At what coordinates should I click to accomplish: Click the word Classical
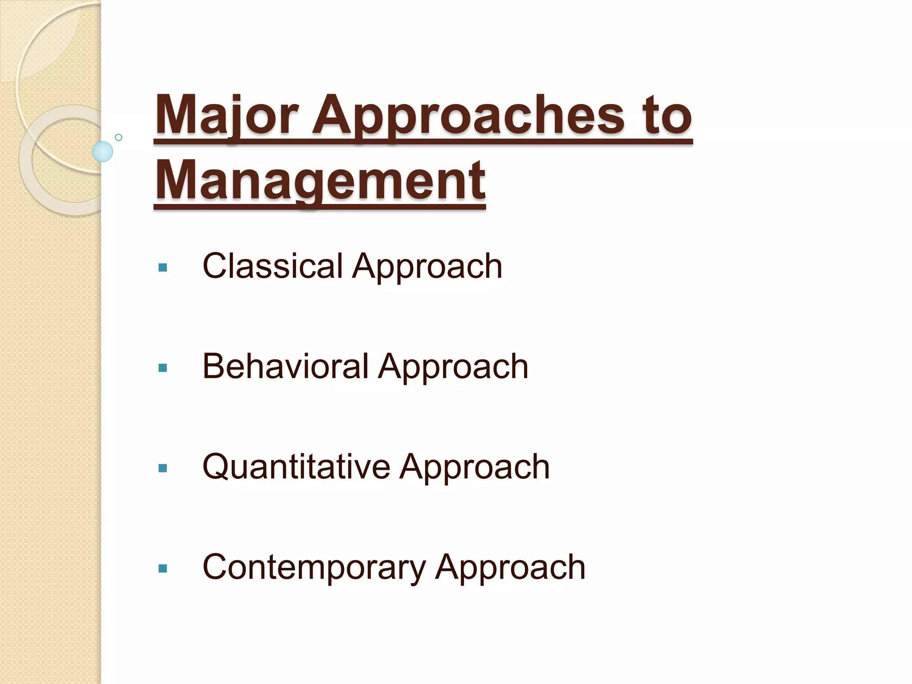[x=273, y=266]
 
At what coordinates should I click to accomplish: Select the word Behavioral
[x=285, y=366]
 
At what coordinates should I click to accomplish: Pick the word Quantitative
[x=296, y=467]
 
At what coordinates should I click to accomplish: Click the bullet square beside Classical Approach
[x=163, y=268]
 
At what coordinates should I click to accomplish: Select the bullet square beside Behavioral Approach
[x=163, y=368]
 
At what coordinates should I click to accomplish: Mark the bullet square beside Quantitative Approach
[x=163, y=468]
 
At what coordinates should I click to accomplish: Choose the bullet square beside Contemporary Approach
[x=163, y=568]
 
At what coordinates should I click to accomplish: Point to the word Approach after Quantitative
[x=475, y=468]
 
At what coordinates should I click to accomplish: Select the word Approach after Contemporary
[x=510, y=568]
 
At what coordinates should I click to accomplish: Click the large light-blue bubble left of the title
[x=102, y=151]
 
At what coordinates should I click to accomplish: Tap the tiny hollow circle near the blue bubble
[x=118, y=137]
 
